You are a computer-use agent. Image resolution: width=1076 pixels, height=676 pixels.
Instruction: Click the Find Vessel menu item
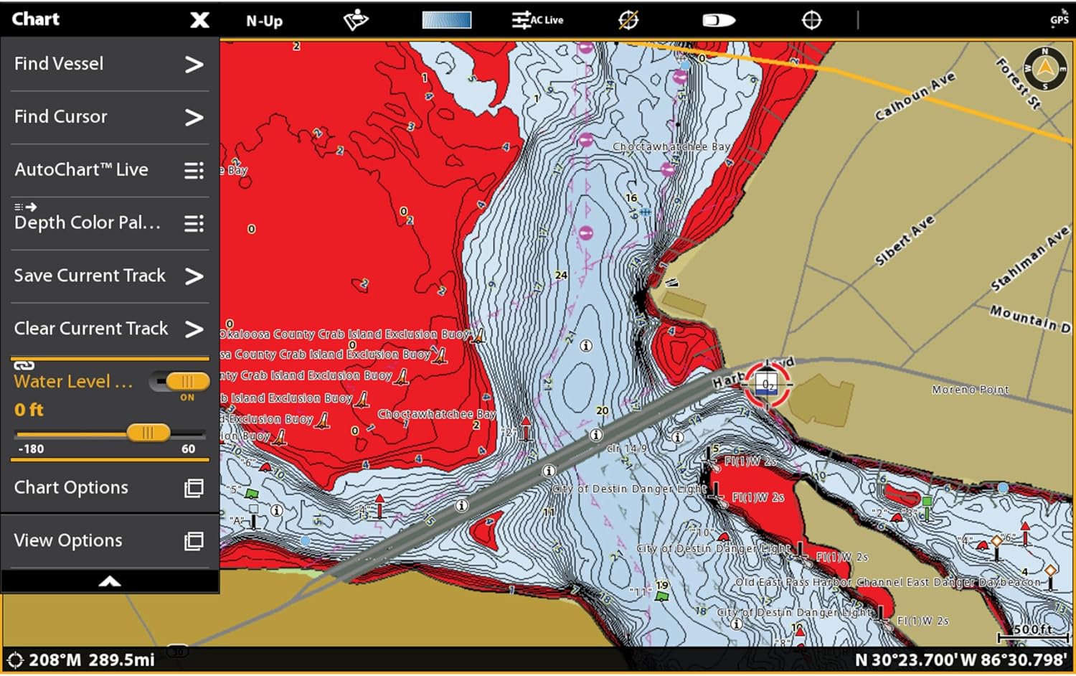coord(108,64)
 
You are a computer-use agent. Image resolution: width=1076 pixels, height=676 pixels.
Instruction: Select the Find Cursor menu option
coord(108,117)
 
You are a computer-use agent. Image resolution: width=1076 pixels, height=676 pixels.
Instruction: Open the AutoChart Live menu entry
coord(108,170)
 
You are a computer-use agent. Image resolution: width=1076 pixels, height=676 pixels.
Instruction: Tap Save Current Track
coord(108,276)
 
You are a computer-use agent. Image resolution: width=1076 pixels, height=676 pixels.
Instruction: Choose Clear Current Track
coord(108,329)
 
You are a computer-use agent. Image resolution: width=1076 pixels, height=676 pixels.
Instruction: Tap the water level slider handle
coord(148,432)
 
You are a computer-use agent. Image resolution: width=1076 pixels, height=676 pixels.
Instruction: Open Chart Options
coord(108,488)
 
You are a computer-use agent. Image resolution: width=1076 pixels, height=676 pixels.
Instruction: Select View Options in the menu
coord(108,540)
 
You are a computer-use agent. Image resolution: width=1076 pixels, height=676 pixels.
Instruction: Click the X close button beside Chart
coord(199,20)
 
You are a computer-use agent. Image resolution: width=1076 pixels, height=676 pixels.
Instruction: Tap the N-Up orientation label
coord(264,21)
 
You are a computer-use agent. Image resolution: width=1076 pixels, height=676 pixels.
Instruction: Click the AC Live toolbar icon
coord(537,20)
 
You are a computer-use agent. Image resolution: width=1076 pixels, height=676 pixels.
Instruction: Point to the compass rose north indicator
coord(1044,68)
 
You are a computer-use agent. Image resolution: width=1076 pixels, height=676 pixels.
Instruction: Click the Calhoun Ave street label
coord(915,96)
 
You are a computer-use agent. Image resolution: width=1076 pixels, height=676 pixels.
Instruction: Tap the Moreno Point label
coord(970,390)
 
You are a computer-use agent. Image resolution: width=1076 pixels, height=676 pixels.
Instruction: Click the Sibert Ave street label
coord(905,240)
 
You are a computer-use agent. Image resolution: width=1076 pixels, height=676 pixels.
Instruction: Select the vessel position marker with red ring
coord(767,384)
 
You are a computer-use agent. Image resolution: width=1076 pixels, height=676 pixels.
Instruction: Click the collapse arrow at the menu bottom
coord(110,581)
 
